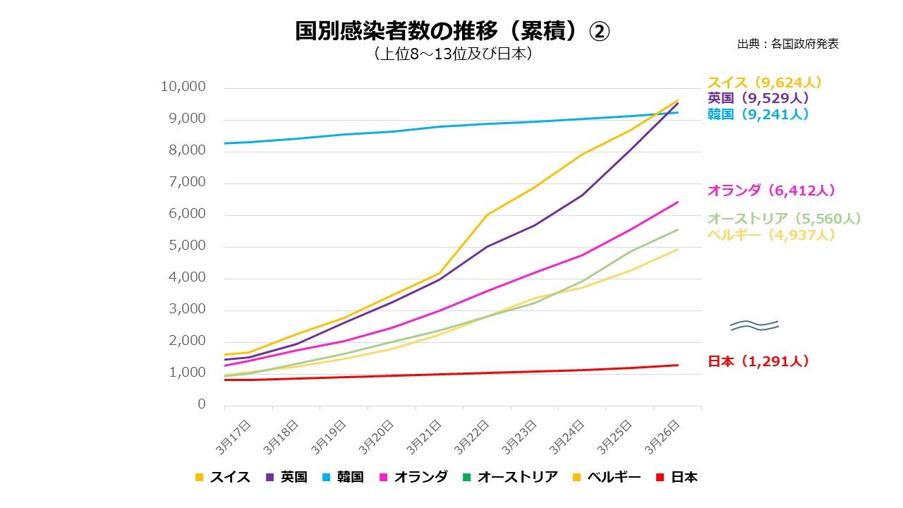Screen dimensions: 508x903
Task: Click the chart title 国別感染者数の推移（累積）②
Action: click(x=451, y=31)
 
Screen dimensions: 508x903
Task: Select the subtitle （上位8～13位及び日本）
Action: click(x=451, y=54)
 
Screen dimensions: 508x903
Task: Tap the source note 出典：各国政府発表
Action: click(x=787, y=44)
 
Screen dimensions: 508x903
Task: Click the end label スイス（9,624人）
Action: click(x=765, y=83)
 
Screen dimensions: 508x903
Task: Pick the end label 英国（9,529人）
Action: click(x=758, y=98)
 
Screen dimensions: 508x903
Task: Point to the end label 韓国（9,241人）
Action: click(x=758, y=114)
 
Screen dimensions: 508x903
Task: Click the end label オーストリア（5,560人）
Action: click(x=784, y=219)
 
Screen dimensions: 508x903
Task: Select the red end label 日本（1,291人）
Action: click(x=758, y=361)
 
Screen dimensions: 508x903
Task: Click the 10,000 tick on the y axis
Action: click(x=183, y=87)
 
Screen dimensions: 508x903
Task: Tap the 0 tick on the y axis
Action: click(x=202, y=404)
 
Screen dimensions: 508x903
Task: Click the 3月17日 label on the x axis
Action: click(x=235, y=436)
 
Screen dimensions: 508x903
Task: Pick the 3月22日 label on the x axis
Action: click(x=473, y=436)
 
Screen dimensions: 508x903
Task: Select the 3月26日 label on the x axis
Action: click(x=664, y=436)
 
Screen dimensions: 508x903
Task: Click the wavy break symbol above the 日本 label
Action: click(x=754, y=325)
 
